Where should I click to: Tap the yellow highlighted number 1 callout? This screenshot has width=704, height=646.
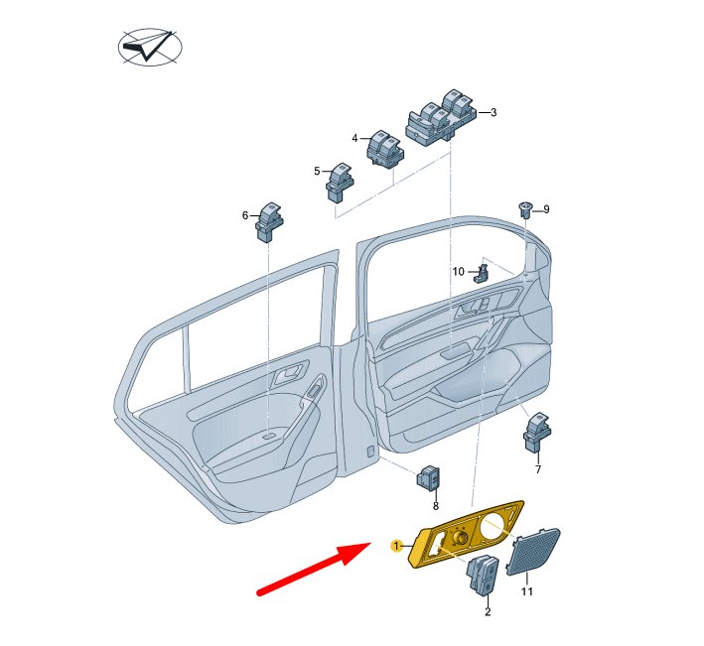pyautogui.click(x=395, y=546)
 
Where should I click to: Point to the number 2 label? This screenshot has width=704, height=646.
pyautogui.click(x=488, y=612)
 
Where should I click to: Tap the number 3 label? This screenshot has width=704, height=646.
pyautogui.click(x=493, y=113)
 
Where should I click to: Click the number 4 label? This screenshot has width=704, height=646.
pyautogui.click(x=354, y=138)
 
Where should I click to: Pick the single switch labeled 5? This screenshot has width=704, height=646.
pyautogui.click(x=341, y=182)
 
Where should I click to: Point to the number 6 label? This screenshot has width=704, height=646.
pyautogui.click(x=245, y=214)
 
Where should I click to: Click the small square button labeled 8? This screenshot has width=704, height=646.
pyautogui.click(x=429, y=480)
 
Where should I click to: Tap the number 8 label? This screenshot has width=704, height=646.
pyautogui.click(x=435, y=505)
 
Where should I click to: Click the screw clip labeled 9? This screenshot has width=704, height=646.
pyautogui.click(x=524, y=208)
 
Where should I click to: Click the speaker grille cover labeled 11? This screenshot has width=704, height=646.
pyautogui.click(x=532, y=553)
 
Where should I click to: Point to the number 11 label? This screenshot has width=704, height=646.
pyautogui.click(x=527, y=592)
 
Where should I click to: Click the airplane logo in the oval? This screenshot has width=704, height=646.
pyautogui.click(x=150, y=48)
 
